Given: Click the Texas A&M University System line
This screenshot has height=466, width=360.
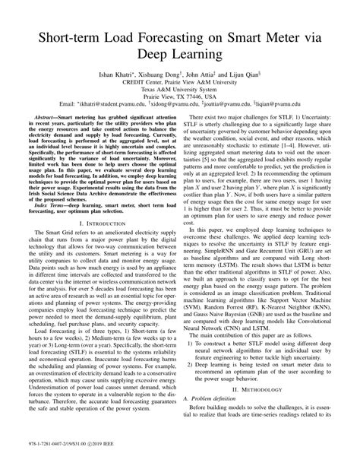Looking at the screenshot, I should click(x=181, y=95).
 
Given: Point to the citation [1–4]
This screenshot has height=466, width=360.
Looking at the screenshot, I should click(x=278, y=167).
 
